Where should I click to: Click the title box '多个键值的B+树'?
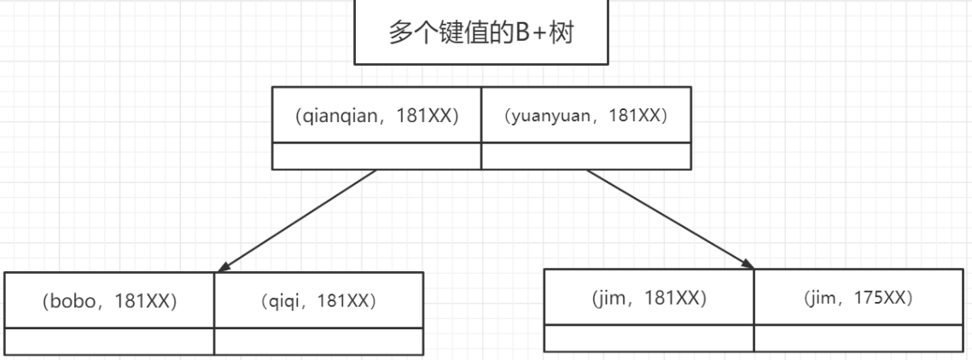coord(481,32)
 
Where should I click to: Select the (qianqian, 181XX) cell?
coord(377,114)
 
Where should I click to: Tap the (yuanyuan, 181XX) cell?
coord(586,114)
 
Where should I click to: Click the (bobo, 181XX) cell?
coord(110,300)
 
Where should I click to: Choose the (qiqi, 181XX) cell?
coord(319,300)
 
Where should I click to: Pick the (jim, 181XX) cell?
coord(649,297)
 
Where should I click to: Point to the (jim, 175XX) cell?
coord(859,297)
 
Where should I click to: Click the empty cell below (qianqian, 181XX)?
coord(377,156)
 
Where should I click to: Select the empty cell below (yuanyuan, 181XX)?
coord(586,156)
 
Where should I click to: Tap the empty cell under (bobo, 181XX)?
coord(110,341)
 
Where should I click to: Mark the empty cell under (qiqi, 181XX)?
coord(319,341)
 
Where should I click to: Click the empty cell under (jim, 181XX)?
coord(649,339)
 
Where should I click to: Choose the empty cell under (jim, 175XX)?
coord(859,339)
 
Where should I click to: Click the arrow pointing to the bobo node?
coord(296,221)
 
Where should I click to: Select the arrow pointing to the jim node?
coord(670,219)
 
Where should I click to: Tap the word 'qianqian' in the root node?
coord(336,116)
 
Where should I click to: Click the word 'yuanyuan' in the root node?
coord(550,116)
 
